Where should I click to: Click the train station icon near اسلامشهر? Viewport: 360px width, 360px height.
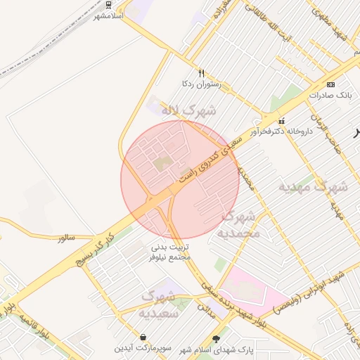[108, 4]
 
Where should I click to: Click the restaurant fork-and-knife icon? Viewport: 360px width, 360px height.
[202, 72]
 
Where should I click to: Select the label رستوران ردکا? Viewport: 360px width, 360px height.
[202, 84]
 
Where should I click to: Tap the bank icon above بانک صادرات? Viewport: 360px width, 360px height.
[330, 83]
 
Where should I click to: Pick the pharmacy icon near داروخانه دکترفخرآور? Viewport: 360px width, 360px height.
[282, 120]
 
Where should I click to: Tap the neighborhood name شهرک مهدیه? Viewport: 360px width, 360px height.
[314, 188]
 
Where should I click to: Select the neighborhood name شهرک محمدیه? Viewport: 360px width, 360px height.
[239, 224]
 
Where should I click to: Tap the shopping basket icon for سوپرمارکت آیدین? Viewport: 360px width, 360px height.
[143, 337]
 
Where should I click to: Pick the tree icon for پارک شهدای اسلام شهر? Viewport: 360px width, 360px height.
[225, 338]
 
